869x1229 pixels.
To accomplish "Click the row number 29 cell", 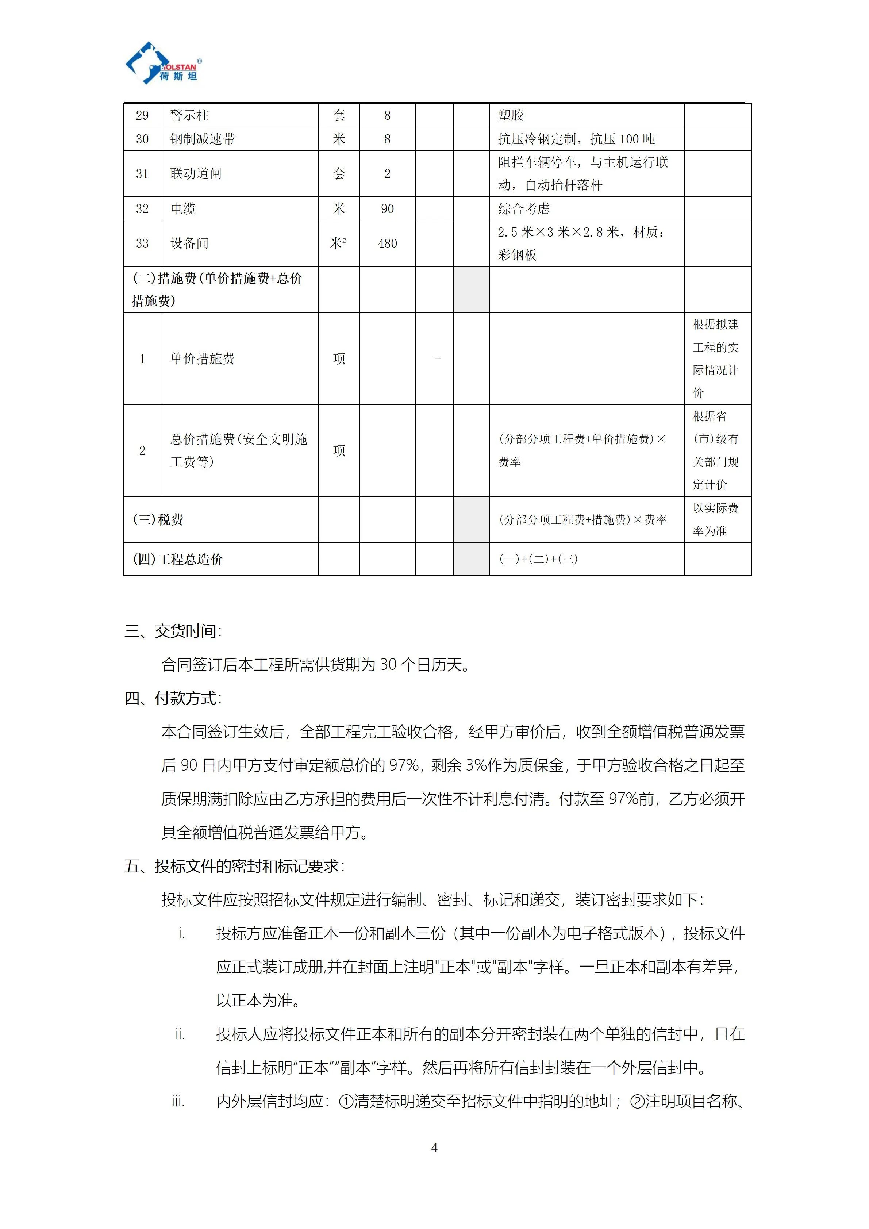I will [142, 115].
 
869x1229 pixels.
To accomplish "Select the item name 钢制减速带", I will [202, 139].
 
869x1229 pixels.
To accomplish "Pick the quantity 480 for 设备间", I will [387, 243].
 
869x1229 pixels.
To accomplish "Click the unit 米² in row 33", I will [338, 243].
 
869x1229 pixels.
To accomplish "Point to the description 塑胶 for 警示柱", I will [511, 115].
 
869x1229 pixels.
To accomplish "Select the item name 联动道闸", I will [196, 173].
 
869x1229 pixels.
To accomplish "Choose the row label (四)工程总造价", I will [178, 559].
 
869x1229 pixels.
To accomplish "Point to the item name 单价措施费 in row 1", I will [202, 359].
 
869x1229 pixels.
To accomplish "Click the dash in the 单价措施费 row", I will [437, 358].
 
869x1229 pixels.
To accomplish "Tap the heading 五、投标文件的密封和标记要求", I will [234, 866].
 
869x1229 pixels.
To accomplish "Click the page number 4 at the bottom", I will [434, 1147].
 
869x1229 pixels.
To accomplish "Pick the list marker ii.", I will [180, 1034].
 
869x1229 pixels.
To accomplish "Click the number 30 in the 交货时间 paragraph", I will [388, 665].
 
